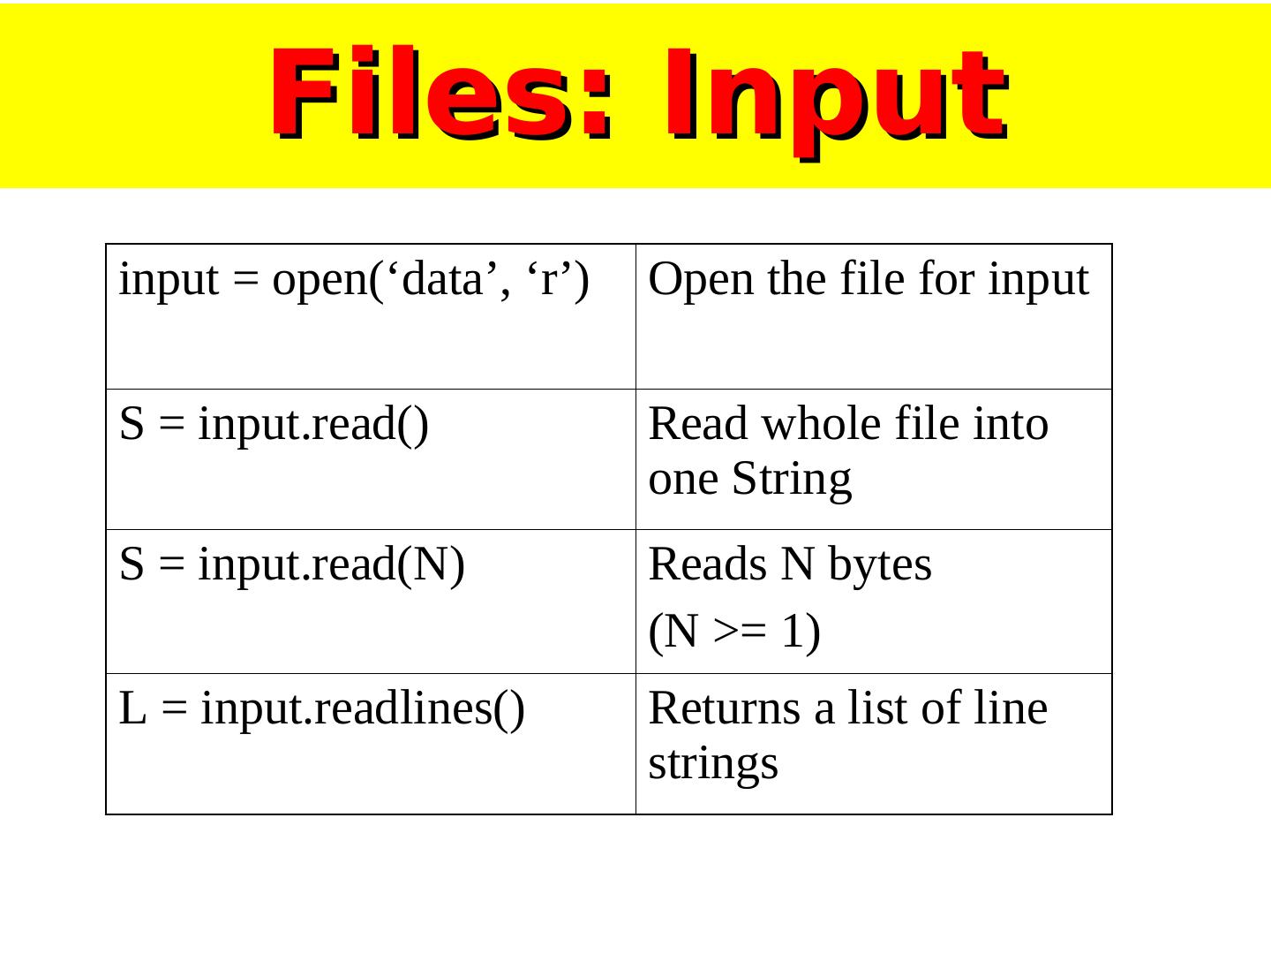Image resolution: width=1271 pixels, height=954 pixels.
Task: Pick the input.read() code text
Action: click(313, 425)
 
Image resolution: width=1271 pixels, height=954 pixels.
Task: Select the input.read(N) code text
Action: click(331, 565)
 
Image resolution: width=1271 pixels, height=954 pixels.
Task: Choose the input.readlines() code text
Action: click(363, 709)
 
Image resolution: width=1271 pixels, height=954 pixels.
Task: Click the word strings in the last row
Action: click(713, 764)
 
